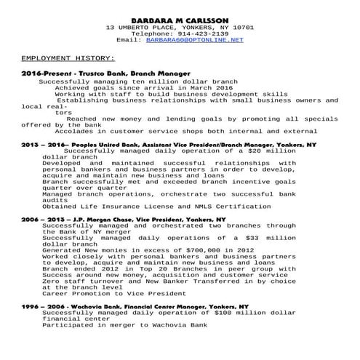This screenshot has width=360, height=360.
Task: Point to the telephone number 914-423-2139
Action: pos(200,33)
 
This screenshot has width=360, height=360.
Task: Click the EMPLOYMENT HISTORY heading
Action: pos(68,57)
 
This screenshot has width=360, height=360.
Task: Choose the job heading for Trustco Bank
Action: pos(105,74)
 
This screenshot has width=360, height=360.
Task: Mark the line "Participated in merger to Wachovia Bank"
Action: pos(125,325)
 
